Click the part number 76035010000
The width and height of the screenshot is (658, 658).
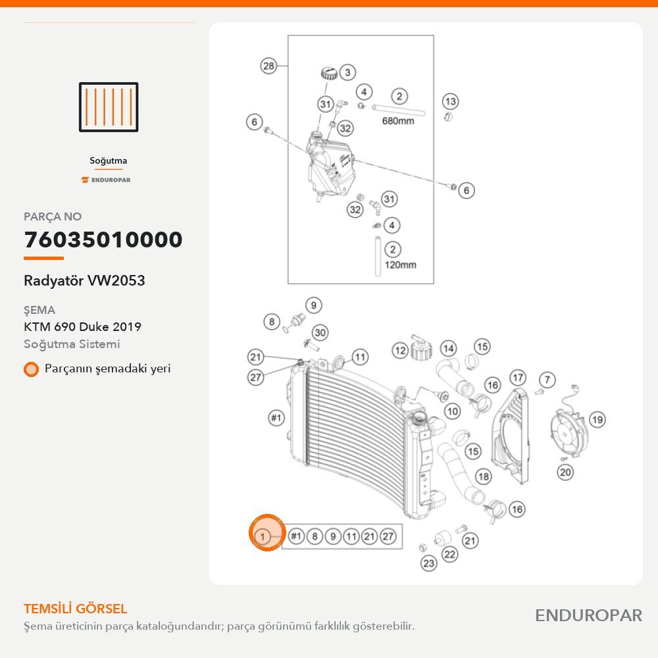pos(103,240)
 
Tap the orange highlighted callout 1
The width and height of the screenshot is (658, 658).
pos(267,533)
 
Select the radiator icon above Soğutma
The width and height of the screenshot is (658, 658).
pos(109,107)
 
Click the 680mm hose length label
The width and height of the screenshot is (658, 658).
pos(398,121)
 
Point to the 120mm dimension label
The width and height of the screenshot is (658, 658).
pos(400,265)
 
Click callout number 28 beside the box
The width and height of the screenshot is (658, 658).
pos(268,66)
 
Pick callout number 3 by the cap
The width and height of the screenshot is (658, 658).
pos(347,72)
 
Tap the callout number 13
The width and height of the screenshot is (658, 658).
pos(450,101)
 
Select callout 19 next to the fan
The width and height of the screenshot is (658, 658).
pos(597,420)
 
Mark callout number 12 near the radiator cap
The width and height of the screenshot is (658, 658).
pos(400,351)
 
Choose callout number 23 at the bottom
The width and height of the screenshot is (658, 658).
pos(428,563)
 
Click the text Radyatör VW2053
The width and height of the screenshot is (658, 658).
pos(84,280)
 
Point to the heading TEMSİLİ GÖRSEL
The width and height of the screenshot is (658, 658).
pos(75,609)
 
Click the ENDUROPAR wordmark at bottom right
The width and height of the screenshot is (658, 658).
pos(588,616)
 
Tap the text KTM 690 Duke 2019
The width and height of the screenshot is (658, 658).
pos(83,326)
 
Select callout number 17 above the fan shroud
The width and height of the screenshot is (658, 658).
pos(518,378)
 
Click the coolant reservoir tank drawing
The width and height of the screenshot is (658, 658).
pos(331,166)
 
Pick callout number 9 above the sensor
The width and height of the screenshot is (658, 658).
pos(313,305)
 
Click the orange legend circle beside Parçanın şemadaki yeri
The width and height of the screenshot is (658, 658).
pos(31,369)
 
